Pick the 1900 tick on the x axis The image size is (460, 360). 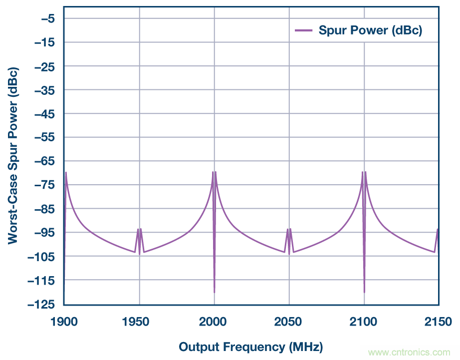click(64, 322)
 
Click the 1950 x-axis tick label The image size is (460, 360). click(139, 322)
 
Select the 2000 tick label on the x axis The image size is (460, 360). click(214, 322)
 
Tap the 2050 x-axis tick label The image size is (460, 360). click(289, 322)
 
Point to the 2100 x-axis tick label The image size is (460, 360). click(364, 322)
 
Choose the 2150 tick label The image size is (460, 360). click(438, 322)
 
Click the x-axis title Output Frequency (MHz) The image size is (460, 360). click(250, 347)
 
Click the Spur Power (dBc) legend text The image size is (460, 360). click(371, 30)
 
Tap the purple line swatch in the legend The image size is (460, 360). click(303, 30)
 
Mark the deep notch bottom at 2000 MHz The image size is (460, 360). click(215, 292)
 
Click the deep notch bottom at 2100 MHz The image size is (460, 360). click(364, 292)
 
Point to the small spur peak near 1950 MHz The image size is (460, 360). click(138, 229)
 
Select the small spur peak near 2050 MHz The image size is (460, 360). click(288, 229)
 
